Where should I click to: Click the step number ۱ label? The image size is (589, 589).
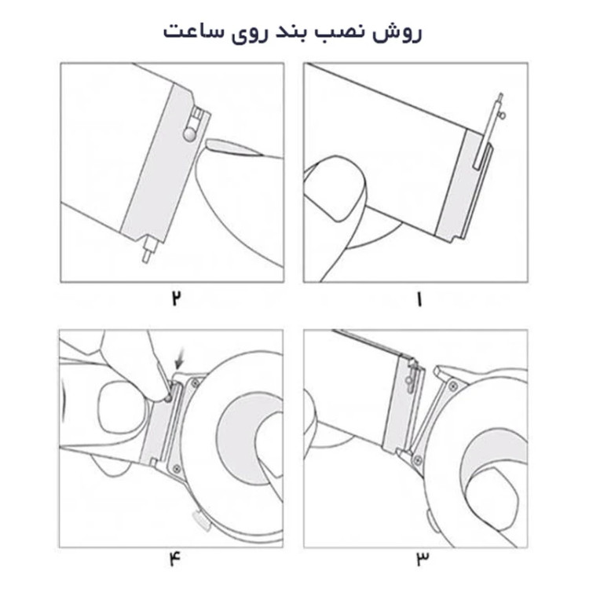point(417,299)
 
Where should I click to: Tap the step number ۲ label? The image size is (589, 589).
point(177,299)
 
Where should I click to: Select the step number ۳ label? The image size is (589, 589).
point(423,559)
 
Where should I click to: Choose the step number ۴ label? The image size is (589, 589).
point(174,559)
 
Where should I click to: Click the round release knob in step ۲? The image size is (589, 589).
point(189,135)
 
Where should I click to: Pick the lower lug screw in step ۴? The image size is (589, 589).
point(177,467)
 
